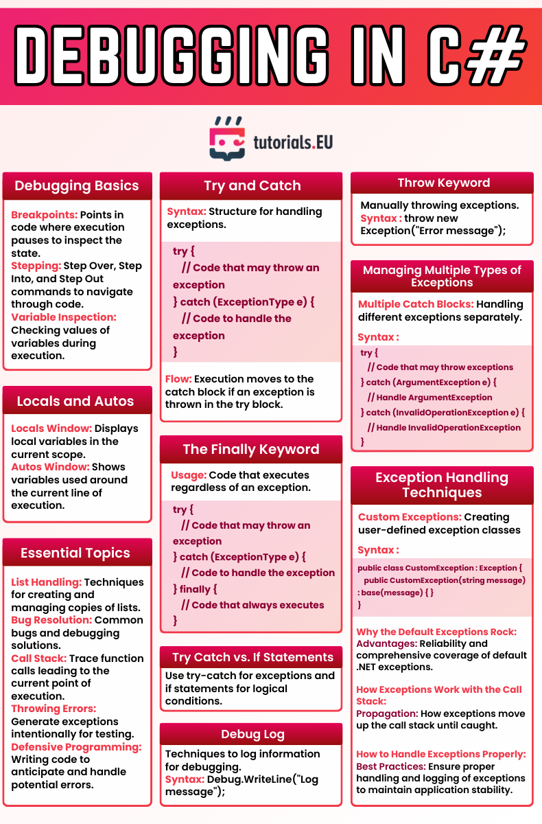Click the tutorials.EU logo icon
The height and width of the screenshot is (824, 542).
228,138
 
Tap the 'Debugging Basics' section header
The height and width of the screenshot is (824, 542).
77,185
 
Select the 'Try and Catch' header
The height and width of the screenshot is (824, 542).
252,185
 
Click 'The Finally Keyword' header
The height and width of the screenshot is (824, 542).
251,449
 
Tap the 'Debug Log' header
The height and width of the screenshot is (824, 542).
252,734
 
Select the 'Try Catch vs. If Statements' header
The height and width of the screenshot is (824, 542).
252,657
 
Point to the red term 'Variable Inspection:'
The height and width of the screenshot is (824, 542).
64,317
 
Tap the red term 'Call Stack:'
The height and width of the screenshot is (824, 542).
39,659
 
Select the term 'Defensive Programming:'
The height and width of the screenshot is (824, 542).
76,747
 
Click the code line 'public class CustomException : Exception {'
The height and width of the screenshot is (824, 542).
440,569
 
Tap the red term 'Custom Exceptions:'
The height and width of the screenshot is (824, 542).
410,517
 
